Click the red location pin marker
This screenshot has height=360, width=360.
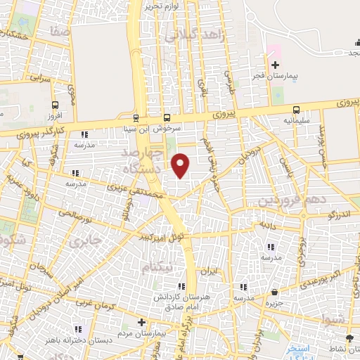[181, 165]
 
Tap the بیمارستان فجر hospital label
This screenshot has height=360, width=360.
[276, 75]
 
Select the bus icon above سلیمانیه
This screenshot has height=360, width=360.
[296, 110]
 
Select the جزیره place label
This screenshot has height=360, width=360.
[274, 304]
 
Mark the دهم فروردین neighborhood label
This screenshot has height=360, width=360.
[294, 200]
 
